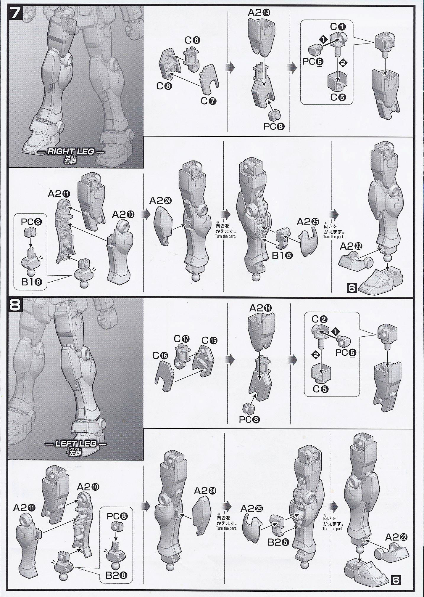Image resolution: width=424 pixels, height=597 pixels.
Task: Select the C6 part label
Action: [193, 40]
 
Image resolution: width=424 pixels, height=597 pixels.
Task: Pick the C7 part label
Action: [209, 101]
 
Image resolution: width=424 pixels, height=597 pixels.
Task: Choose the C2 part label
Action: [320, 320]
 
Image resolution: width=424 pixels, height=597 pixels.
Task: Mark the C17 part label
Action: [182, 338]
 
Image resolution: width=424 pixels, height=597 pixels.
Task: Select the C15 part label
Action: [209, 341]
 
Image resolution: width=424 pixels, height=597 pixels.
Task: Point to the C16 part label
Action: [161, 355]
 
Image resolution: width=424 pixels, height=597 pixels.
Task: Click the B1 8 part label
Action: [32, 282]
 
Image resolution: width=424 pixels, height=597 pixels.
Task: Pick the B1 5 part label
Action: [283, 255]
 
